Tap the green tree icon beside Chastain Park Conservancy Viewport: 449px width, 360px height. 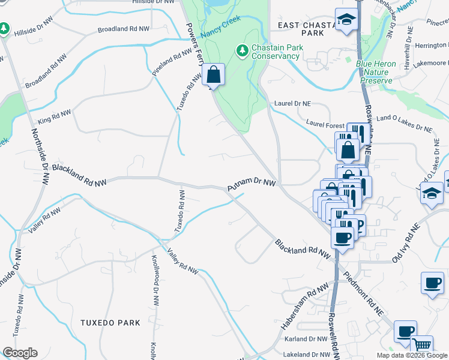point(243,49)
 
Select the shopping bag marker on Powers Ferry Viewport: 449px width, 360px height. point(213,75)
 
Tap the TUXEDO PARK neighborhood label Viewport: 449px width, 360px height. point(110,323)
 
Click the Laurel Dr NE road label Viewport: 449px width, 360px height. point(292,104)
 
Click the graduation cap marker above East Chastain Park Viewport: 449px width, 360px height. point(346,19)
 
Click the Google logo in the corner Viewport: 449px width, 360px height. point(20,352)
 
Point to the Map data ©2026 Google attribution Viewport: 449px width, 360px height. point(412,355)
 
